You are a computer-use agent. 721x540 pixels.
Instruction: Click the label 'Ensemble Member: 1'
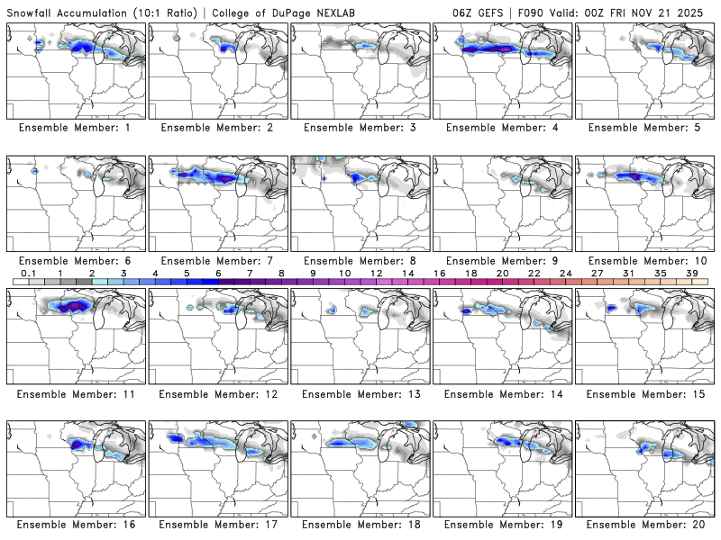pos(76,128)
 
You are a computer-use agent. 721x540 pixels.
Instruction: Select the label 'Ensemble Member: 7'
pos(218,260)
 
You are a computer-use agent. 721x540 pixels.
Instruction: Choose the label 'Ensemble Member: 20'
pos(645,525)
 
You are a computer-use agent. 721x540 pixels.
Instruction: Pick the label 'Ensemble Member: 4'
pos(503,128)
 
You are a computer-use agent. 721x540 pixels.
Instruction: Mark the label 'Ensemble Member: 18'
pos(360,525)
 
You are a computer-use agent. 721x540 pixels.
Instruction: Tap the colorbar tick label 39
pos(691,273)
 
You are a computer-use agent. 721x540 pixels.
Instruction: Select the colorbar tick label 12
pos(376,273)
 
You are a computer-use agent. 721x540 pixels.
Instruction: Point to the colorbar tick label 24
pos(565,273)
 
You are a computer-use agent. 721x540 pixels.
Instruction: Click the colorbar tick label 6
pos(218,273)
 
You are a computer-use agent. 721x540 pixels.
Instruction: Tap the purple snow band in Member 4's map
pos(499,48)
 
